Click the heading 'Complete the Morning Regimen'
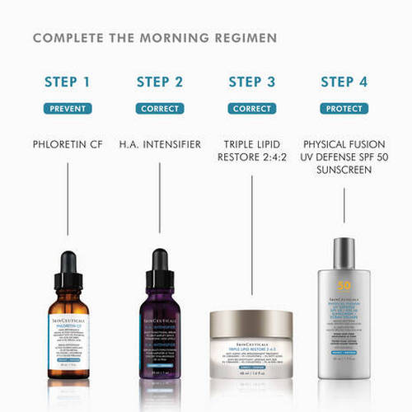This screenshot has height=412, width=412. (155, 38)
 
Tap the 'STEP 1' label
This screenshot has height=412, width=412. (68, 82)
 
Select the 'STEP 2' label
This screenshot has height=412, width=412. (160, 82)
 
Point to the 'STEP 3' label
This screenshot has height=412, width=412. (251, 82)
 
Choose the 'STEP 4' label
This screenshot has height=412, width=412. (344, 82)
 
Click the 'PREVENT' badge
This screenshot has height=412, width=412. (68, 108)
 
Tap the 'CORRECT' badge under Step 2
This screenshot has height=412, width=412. (160, 108)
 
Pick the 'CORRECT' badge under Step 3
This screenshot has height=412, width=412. (251, 108)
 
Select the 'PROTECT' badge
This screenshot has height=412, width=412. (344, 108)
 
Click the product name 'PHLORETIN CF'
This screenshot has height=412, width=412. (68, 144)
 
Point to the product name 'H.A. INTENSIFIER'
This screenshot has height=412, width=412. (160, 144)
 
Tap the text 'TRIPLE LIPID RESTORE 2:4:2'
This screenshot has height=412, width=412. (251, 151)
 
